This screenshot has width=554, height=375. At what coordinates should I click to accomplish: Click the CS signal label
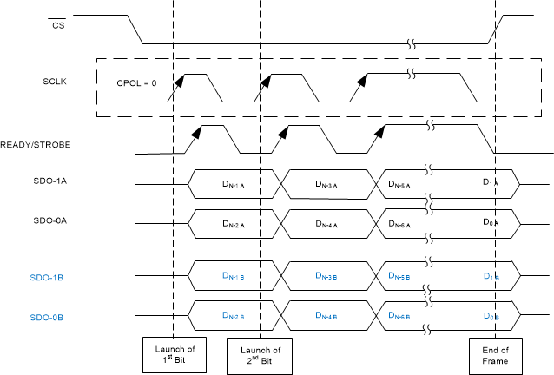tap(59, 24)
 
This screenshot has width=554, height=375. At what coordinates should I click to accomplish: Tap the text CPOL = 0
tap(137, 83)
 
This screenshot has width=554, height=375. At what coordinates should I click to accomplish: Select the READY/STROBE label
tap(36, 145)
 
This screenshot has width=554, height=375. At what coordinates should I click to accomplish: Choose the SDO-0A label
tap(57, 221)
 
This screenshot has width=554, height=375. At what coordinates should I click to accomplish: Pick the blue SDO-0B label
tap(57, 317)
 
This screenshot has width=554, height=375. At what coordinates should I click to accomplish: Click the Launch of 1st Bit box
tap(175, 354)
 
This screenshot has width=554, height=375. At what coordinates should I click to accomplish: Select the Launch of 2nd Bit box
tap(261, 354)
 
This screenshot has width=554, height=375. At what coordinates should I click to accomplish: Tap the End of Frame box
tap(496, 354)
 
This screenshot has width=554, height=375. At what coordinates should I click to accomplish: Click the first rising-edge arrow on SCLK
tap(179, 81)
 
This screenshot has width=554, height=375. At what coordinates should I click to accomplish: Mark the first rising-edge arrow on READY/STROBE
tap(197, 133)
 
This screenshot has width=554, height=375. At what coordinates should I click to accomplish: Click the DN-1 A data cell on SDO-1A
tap(236, 185)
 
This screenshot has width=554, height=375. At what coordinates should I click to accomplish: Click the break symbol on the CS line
tap(415, 43)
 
